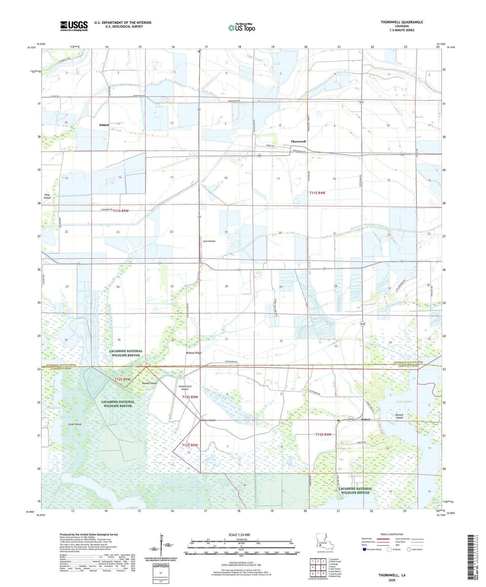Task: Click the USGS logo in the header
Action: (x=74, y=26)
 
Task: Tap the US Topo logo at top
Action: (x=241, y=28)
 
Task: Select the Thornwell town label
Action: (x=298, y=142)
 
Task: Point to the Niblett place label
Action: (x=104, y=125)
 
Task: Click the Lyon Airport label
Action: (x=209, y=241)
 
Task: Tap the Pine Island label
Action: (x=47, y=196)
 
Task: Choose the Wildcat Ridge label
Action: (x=194, y=353)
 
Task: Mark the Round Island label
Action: (x=149, y=383)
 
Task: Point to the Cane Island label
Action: (x=75, y=424)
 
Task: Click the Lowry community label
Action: (x=366, y=419)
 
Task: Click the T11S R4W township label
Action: (x=317, y=193)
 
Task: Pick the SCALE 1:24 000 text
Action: (x=239, y=535)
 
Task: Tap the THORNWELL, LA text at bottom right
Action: (x=392, y=575)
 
